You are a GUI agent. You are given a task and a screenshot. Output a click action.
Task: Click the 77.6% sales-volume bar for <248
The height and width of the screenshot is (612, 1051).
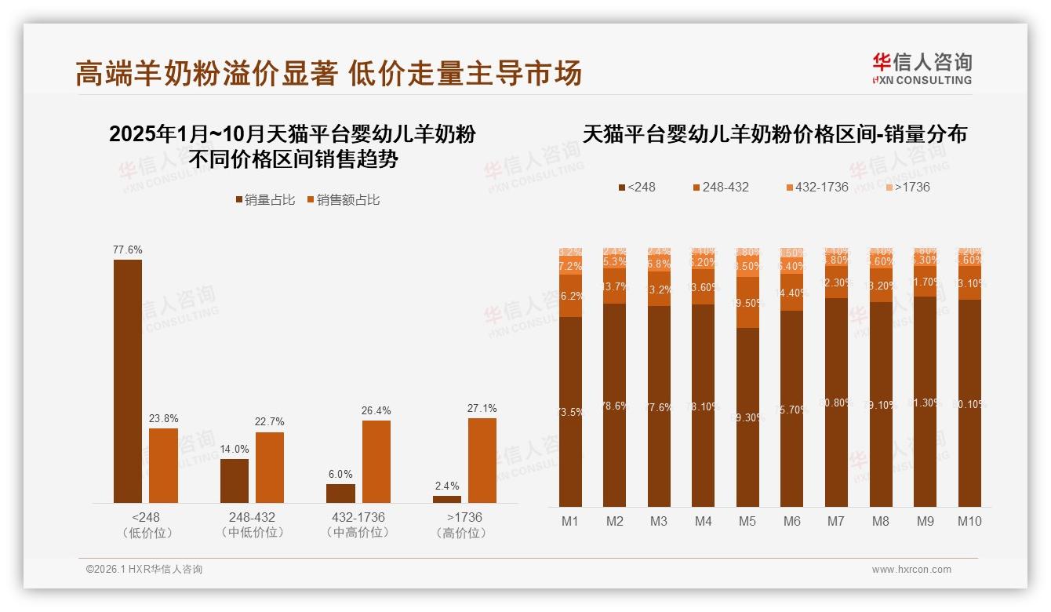click(x=128, y=381)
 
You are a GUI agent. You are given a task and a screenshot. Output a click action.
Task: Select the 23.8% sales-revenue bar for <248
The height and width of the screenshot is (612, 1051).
click(x=163, y=465)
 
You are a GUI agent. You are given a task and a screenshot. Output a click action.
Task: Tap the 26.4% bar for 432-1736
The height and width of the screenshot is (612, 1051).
click(x=376, y=461)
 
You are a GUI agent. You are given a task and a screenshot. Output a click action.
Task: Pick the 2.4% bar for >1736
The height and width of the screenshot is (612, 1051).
click(x=447, y=499)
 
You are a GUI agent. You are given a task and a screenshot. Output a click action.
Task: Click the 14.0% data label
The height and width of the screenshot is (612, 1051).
click(x=234, y=449)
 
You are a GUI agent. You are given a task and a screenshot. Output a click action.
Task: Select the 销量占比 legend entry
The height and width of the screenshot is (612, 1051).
click(x=265, y=200)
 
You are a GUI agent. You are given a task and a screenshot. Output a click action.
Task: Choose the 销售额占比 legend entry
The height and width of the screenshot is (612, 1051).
click(x=343, y=200)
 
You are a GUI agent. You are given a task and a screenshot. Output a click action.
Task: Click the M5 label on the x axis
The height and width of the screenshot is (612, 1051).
click(x=747, y=521)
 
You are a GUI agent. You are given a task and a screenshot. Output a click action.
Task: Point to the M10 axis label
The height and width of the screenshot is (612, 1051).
click(x=969, y=521)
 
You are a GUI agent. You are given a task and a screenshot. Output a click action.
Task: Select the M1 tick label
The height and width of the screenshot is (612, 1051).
click(x=570, y=521)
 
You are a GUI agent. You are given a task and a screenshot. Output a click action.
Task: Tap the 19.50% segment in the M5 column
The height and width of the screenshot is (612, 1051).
click(x=748, y=303)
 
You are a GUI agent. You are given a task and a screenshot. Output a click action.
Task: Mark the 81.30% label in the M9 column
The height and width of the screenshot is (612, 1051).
click(x=926, y=403)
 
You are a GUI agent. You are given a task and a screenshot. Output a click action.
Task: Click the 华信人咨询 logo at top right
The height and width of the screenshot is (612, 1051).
click(x=922, y=68)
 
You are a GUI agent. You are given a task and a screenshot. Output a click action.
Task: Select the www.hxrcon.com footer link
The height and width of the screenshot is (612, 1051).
click(x=911, y=570)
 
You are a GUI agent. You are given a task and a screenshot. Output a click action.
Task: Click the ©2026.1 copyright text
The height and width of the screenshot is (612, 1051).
click(x=144, y=570)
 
